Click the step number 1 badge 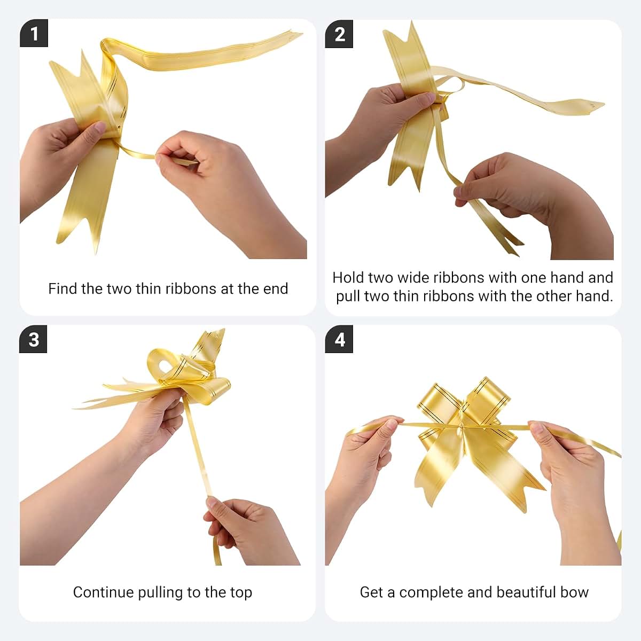[34, 33]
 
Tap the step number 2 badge [339, 34]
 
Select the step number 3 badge [33, 339]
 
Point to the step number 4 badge [339, 339]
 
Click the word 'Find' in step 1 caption [62, 288]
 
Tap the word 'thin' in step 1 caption [148, 288]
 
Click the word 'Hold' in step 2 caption [348, 277]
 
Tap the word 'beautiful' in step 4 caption [526, 592]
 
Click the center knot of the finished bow [463, 426]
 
